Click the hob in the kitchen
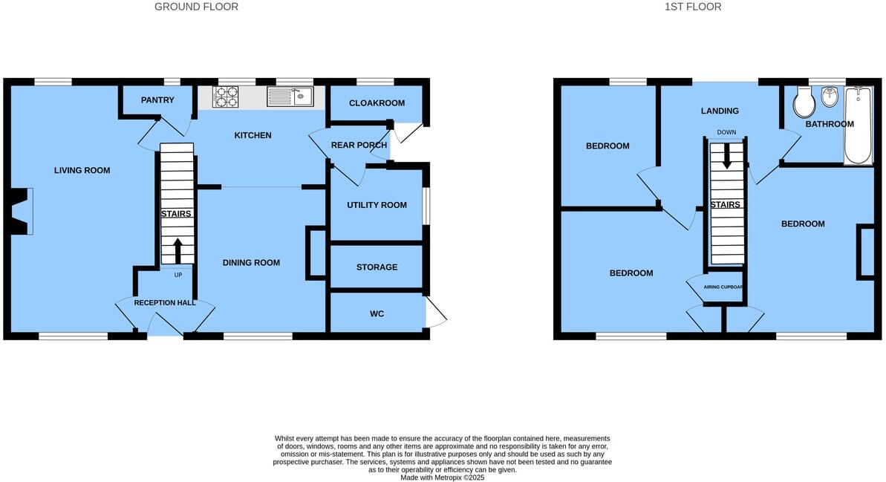tap(227, 97)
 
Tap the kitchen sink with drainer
tap(290, 97)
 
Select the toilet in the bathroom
tap(804, 102)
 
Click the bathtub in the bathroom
tap(859, 124)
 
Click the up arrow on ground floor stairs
tap(177, 250)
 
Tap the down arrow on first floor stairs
tap(727, 154)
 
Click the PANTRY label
tap(157, 100)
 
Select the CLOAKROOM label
tap(377, 103)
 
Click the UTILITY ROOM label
tap(377, 205)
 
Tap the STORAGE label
tap(377, 267)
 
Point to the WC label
tap(377, 314)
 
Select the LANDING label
tap(720, 111)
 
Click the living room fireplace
tap(22, 211)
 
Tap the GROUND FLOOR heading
tap(196, 7)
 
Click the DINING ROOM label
tap(252, 263)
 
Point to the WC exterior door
tap(436, 315)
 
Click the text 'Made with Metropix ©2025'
tap(442, 478)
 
